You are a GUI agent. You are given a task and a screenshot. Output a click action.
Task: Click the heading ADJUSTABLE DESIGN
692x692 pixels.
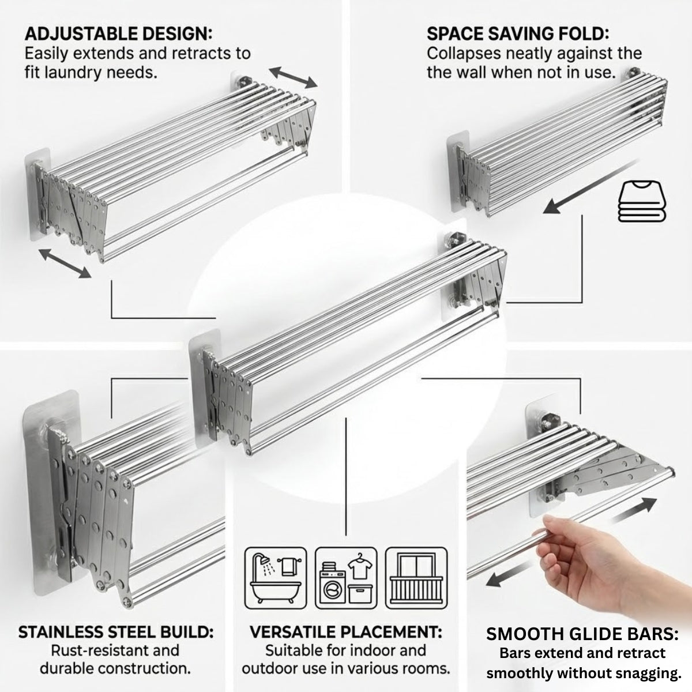tap(119, 34)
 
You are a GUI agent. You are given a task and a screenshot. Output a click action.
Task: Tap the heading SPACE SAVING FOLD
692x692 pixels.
tap(518, 34)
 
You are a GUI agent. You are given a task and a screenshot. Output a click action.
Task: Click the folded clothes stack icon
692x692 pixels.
tap(642, 201)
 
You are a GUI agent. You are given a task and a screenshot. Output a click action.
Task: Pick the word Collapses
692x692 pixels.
tap(463, 54)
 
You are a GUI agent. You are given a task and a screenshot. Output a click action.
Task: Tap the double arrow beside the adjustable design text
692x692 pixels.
tap(293, 77)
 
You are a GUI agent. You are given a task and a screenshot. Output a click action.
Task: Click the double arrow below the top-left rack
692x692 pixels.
tap(65, 264)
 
